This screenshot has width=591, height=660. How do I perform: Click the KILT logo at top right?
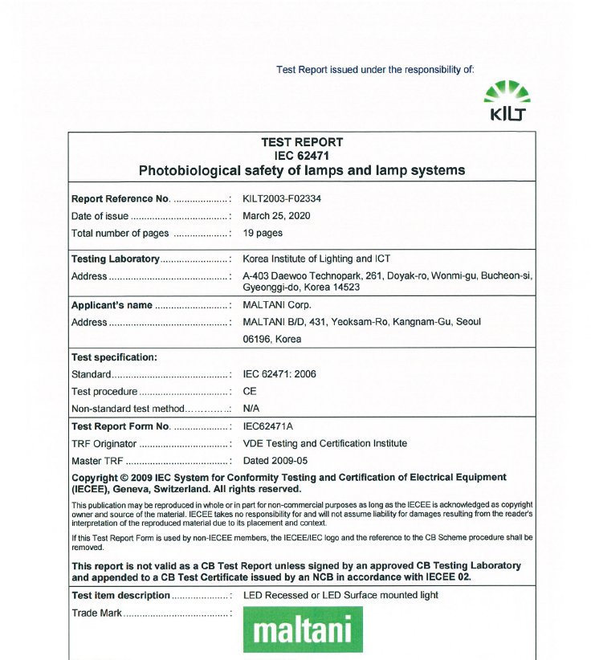pos(507,102)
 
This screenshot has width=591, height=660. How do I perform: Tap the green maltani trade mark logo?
pos(303,629)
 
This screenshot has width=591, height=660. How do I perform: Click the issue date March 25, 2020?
pos(276,216)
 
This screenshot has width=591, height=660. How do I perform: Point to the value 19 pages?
pos(263,234)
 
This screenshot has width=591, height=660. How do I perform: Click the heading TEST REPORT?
pos(302,142)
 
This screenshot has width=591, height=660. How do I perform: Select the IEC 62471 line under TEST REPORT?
pos(302,156)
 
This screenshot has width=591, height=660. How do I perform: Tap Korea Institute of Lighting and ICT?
pos(320,259)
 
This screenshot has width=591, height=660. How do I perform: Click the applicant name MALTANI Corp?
pos(276,305)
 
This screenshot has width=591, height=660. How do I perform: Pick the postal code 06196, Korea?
pos(271,339)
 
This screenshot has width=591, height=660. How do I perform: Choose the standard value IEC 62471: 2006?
pos(279,374)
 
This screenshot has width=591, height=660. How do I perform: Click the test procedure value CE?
pos(249,392)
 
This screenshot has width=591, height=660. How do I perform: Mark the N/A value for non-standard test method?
pos(251,409)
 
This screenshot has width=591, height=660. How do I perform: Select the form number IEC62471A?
pos(267,426)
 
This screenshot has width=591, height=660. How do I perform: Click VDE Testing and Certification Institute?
pos(324,443)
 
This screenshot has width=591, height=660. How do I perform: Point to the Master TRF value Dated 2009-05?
pos(275,461)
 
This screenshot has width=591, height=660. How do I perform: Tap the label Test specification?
pos(114,356)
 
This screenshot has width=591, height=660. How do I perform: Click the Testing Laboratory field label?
pos(116,259)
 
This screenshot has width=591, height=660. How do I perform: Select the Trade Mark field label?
pos(96,613)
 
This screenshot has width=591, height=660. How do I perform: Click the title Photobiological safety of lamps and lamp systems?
pos(302,170)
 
